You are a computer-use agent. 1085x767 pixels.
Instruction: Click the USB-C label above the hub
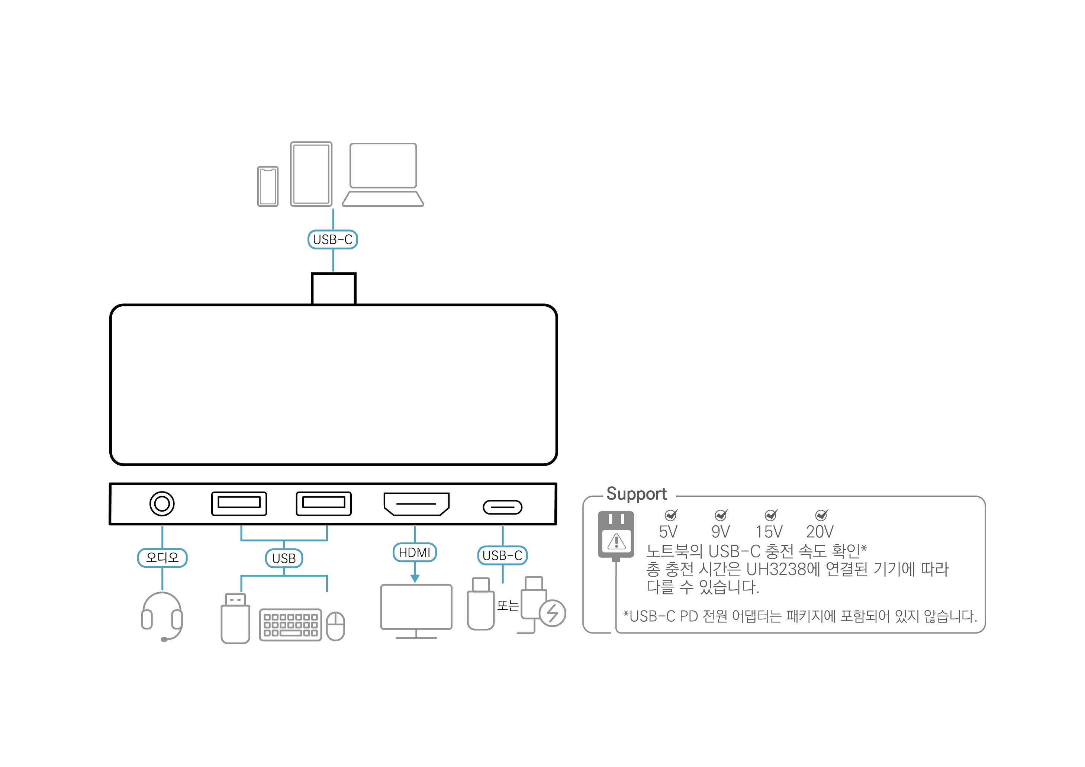tap(333, 239)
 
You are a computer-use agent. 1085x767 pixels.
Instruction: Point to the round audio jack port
tap(162, 504)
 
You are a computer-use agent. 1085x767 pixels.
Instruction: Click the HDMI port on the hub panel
tap(416, 504)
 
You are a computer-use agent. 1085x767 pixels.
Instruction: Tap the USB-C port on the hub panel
tap(502, 507)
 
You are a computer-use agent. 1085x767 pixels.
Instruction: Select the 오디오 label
tap(162, 558)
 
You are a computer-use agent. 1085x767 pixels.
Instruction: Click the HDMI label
tap(415, 552)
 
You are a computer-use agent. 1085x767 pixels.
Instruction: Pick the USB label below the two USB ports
tap(284, 558)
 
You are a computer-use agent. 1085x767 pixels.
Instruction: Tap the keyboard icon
tap(291, 625)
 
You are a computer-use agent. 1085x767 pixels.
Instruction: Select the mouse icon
tap(335, 626)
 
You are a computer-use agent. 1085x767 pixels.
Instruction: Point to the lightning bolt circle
tap(553, 613)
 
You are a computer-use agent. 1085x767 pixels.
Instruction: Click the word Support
tap(637, 494)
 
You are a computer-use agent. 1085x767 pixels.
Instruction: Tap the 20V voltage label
tap(820, 532)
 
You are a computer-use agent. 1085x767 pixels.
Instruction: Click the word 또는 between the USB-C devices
tap(508, 605)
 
